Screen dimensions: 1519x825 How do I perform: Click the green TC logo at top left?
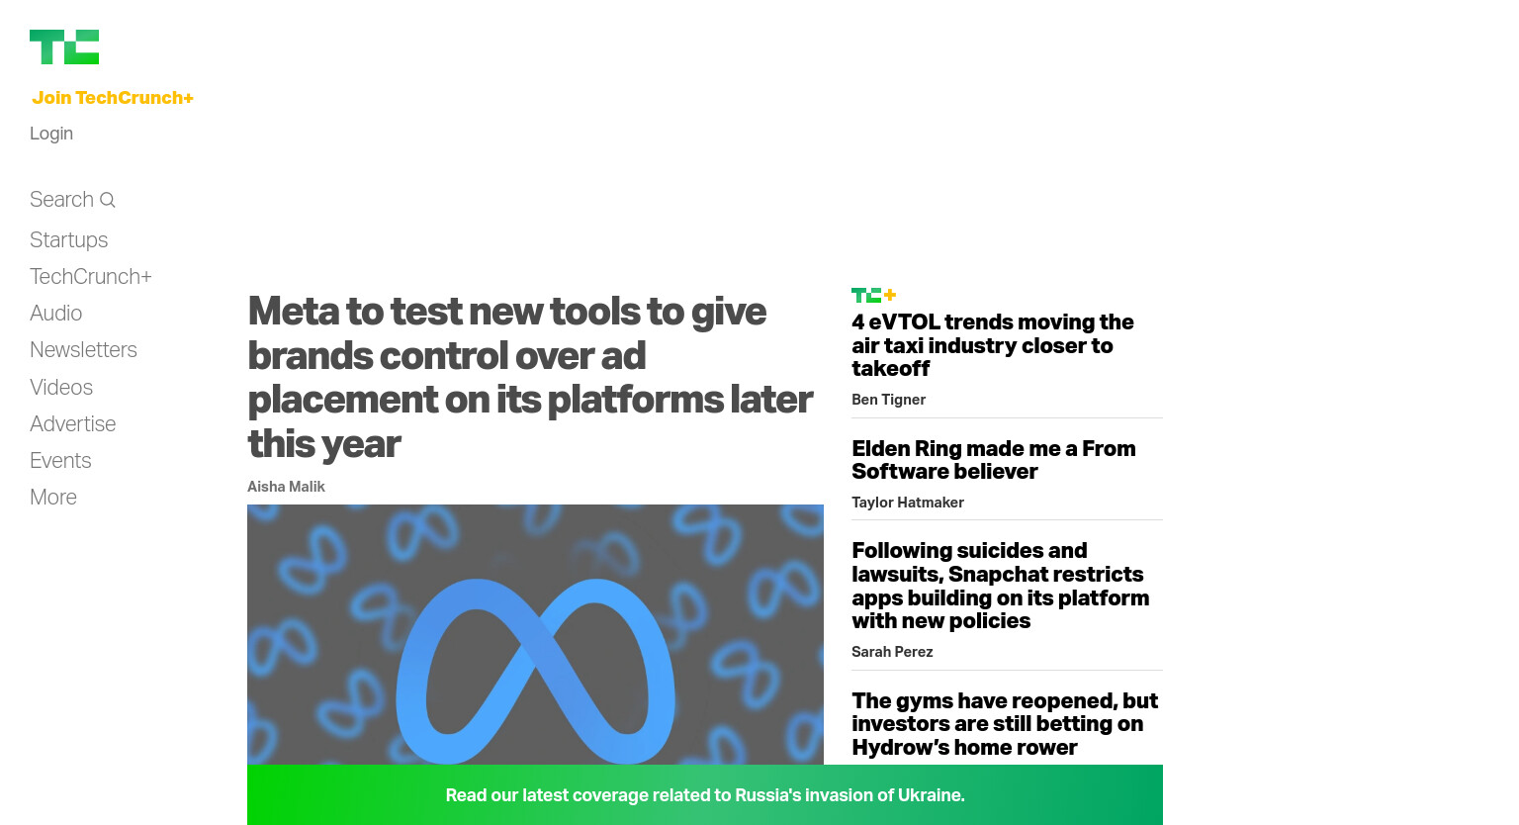click(64, 46)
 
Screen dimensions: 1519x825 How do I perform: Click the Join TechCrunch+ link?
click(113, 98)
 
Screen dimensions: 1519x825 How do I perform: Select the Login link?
click(51, 134)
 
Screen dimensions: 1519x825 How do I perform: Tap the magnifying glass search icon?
click(107, 200)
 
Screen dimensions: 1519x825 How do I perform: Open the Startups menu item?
click(68, 240)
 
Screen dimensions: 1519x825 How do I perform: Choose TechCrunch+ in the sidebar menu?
click(91, 277)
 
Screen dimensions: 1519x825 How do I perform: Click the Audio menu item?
click(55, 314)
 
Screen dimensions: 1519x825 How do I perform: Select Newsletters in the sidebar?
click(83, 350)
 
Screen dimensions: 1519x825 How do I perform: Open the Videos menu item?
click(61, 387)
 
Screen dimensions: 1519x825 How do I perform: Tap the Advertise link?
click(72, 424)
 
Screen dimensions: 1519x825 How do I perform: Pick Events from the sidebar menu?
click(60, 461)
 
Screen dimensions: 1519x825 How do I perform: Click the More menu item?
click(52, 498)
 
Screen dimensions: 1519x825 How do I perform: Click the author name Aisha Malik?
click(286, 487)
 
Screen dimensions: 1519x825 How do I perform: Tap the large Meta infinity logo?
click(536, 671)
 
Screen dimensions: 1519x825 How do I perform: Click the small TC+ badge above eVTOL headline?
click(874, 295)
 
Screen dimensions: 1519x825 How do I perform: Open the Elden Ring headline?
click(994, 460)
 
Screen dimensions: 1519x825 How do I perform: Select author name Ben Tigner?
click(888, 400)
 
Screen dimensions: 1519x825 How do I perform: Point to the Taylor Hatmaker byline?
click(907, 503)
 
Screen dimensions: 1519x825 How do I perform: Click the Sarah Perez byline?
click(892, 652)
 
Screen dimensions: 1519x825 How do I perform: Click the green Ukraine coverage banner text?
click(705, 795)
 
